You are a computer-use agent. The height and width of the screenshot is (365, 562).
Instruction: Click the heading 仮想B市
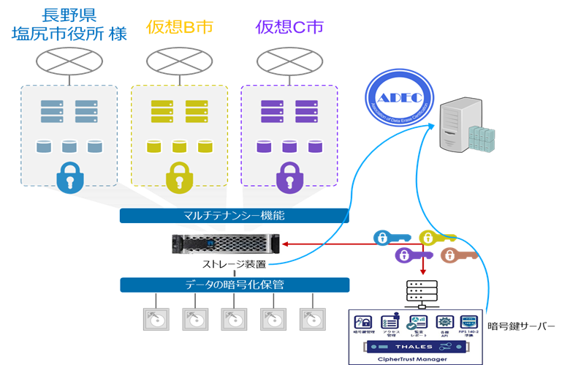tap(179, 27)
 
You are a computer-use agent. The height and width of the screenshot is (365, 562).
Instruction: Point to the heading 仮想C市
tap(289, 27)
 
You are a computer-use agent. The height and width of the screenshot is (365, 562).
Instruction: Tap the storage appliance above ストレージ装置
tap(226, 244)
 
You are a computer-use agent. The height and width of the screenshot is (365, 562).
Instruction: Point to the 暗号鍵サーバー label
tap(521, 325)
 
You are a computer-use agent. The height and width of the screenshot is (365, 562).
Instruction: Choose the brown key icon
tap(457, 255)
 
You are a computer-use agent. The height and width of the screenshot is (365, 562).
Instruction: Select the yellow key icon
tap(436, 237)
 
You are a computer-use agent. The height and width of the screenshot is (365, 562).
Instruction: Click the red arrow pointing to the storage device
tap(329, 244)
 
